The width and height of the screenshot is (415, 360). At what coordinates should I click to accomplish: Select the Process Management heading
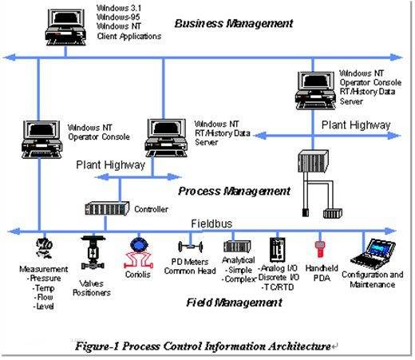click(x=234, y=191)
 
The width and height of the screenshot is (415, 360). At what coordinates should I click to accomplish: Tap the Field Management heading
click(x=227, y=303)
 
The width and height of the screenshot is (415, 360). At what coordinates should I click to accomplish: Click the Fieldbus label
click(x=212, y=224)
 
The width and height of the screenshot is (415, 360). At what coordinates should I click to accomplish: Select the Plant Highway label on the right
click(x=356, y=125)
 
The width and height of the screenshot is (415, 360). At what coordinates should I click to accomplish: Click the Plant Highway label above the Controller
click(x=111, y=165)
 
